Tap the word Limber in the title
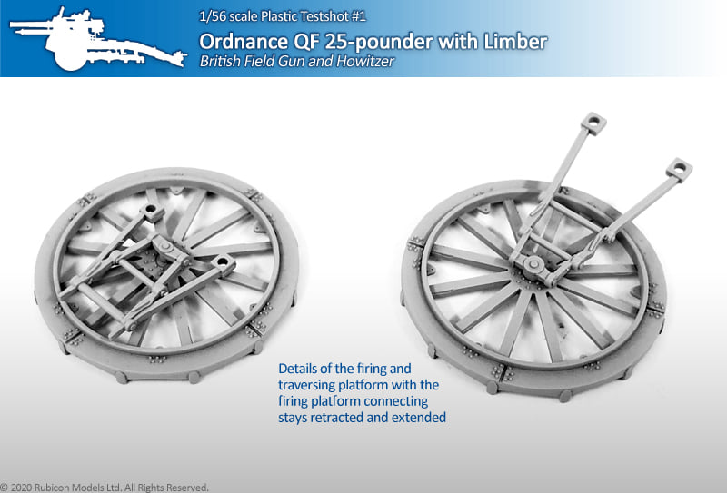coord(515,42)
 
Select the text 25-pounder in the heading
coord(380,42)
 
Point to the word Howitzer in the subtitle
coord(365,61)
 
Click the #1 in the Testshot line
coord(358,16)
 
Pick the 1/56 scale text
coord(228,16)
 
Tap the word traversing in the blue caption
coord(306,385)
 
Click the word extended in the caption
coord(419,418)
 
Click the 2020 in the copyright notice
coord(20,488)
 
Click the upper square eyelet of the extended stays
coord(594,123)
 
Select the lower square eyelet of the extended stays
coord(679,169)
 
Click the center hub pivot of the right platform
coord(533,264)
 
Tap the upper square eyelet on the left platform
coord(153,212)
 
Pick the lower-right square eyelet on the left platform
coord(224,264)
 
